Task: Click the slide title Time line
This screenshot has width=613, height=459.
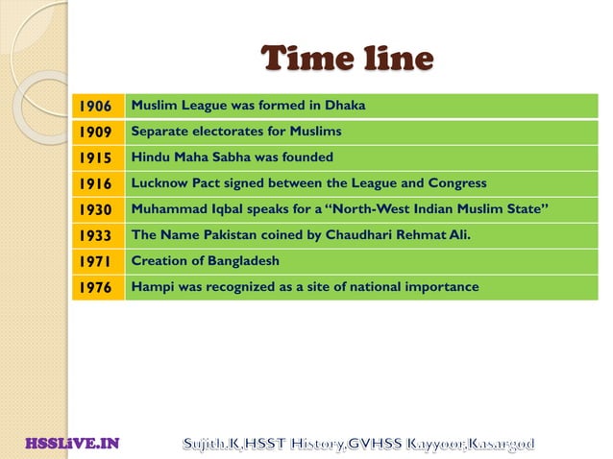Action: pyautogui.click(x=348, y=60)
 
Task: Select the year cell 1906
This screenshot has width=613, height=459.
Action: pyautogui.click(x=96, y=106)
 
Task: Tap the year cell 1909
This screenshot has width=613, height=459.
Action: pyautogui.click(x=96, y=132)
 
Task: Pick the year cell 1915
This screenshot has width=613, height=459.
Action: pyautogui.click(x=96, y=157)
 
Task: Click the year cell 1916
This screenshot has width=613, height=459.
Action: pyautogui.click(x=96, y=183)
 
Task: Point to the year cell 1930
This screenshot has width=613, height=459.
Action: pyautogui.click(x=96, y=209)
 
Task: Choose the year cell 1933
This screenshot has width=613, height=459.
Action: pyautogui.click(x=96, y=235)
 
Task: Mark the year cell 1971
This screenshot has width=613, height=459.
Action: pyautogui.click(x=96, y=261)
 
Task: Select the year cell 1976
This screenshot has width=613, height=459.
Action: pyautogui.click(x=96, y=287)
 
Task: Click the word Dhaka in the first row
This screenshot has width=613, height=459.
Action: pyautogui.click(x=347, y=105)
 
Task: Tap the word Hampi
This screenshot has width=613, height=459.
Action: pyautogui.click(x=151, y=286)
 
